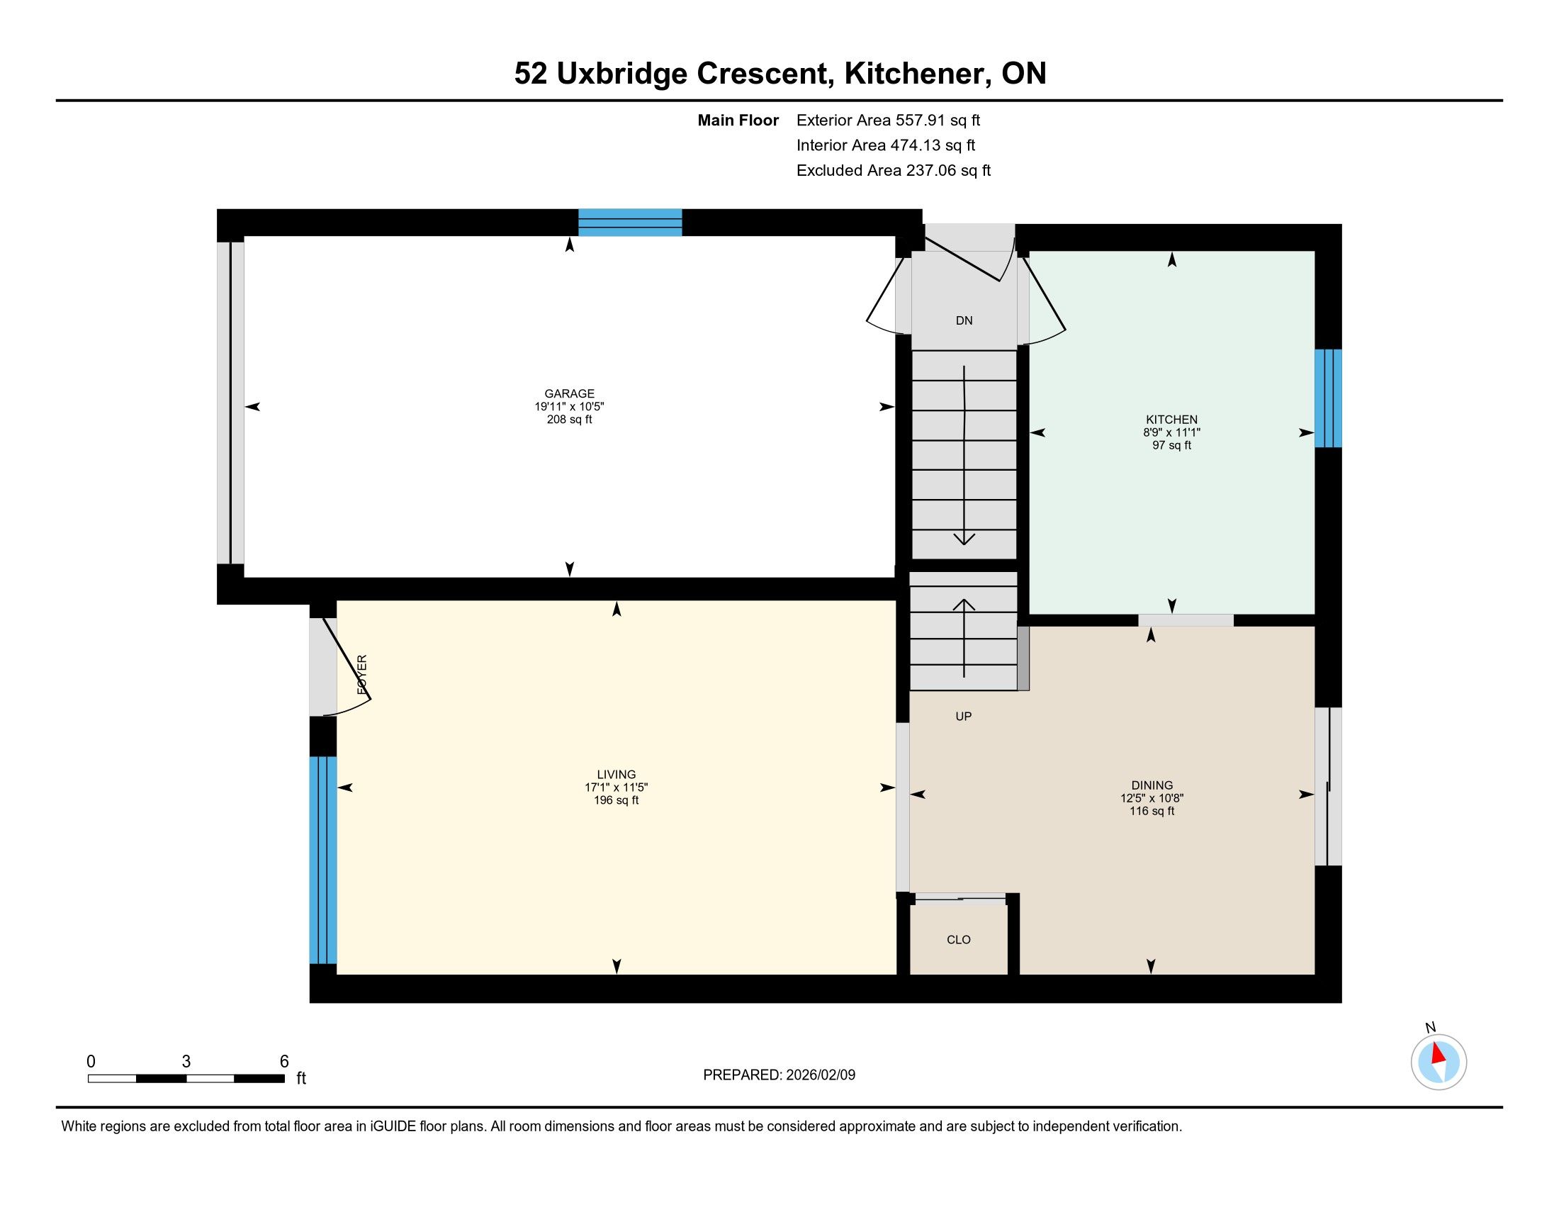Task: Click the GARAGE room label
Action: click(569, 393)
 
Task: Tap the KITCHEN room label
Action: click(1171, 420)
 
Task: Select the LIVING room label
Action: click(616, 775)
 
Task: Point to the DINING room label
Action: click(1152, 785)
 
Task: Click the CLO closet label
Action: click(959, 939)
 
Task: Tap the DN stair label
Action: click(964, 320)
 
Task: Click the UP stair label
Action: click(964, 716)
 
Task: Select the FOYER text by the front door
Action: click(362, 675)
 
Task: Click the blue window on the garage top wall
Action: click(629, 222)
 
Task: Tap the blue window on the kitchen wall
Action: click(1328, 398)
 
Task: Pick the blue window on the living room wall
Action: click(322, 860)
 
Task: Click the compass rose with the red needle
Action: click(1439, 1063)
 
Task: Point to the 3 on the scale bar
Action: click(186, 1062)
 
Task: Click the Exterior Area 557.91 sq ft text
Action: click(889, 120)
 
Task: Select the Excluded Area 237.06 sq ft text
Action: click(894, 171)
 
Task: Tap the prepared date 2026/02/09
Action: click(820, 1075)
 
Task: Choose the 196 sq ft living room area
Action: click(616, 801)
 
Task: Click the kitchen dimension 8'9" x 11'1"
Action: click(1171, 432)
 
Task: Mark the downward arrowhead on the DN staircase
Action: click(964, 539)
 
